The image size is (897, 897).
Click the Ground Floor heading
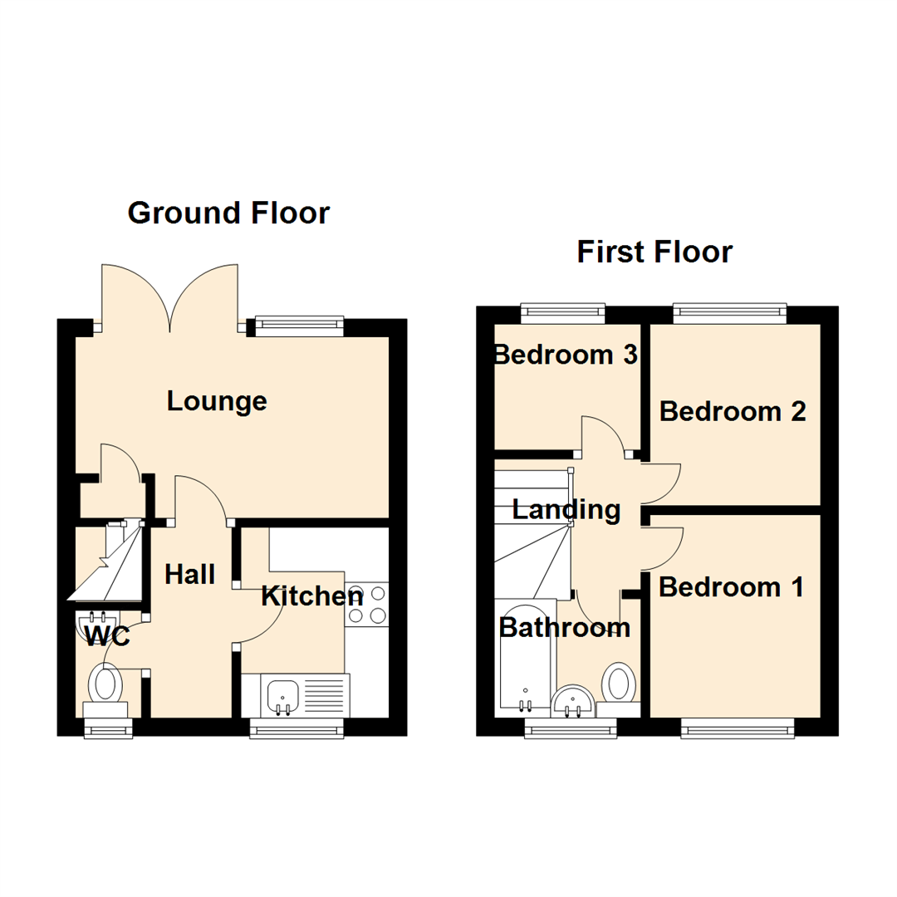228,213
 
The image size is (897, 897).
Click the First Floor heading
654,251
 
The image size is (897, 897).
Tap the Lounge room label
217,401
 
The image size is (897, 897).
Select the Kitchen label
312,596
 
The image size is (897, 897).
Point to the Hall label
190,574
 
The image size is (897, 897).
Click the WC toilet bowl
106,684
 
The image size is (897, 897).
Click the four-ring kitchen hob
366,605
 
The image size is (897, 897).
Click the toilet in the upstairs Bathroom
619,684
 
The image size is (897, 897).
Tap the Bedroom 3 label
565,355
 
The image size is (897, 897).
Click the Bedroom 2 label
733,411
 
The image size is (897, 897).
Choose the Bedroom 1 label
731,587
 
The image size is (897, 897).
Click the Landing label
566,509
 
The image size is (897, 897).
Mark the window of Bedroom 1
738,728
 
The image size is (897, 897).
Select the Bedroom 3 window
563,312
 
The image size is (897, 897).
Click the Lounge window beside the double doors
298,326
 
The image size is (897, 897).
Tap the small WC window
109,728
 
